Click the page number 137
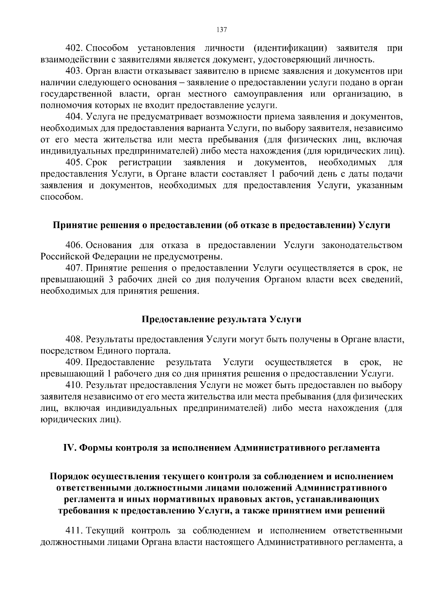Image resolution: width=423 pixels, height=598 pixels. point(222,30)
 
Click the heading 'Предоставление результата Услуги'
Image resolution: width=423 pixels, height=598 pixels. point(221,320)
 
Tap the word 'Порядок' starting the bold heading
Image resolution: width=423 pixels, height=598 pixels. point(69,476)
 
